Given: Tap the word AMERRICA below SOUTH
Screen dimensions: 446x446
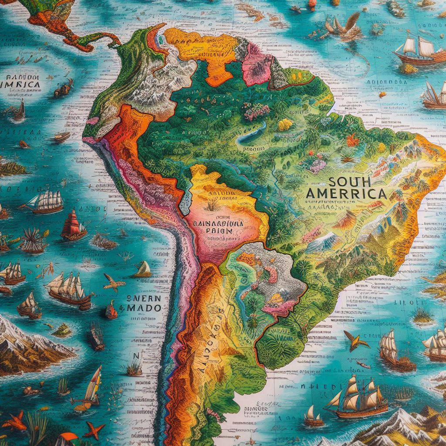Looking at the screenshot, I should tap(346, 193).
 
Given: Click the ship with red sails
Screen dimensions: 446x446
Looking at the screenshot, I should tap(74, 226).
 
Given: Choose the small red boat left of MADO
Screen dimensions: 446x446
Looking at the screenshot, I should tap(111, 311).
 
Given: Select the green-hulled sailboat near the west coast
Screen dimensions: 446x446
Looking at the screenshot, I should tap(142, 270).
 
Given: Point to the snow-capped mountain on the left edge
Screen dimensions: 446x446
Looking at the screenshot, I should tap(26, 344).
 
